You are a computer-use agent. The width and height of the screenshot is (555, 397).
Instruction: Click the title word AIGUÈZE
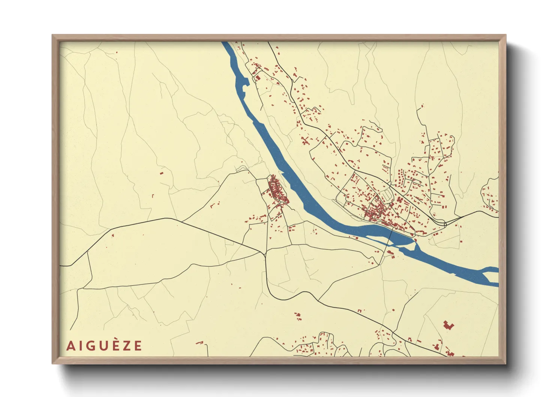(x=104, y=346)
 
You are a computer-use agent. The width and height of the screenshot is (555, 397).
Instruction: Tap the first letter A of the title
(x=70, y=346)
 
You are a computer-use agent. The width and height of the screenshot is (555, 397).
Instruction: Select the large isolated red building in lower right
(x=448, y=325)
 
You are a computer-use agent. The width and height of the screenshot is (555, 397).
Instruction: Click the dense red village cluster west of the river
(x=277, y=191)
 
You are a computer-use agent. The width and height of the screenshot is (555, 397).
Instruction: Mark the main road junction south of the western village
(x=265, y=254)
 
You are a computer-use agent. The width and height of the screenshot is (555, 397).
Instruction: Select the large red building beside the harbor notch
(x=258, y=78)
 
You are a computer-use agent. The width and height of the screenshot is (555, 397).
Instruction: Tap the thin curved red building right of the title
(x=199, y=343)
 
